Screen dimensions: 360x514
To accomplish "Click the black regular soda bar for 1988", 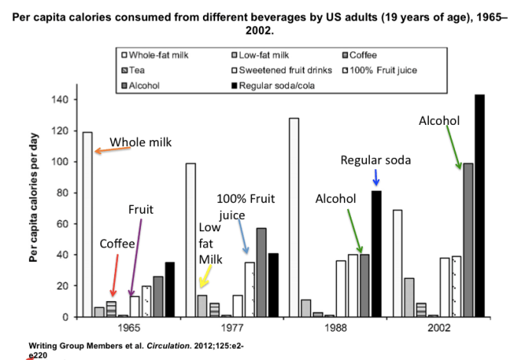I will pyautogui.click(x=377, y=253).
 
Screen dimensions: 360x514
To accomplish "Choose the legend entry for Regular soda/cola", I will pyautogui.click(x=275, y=84).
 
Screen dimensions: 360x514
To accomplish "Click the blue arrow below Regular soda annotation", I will pyautogui.click(x=375, y=178).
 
